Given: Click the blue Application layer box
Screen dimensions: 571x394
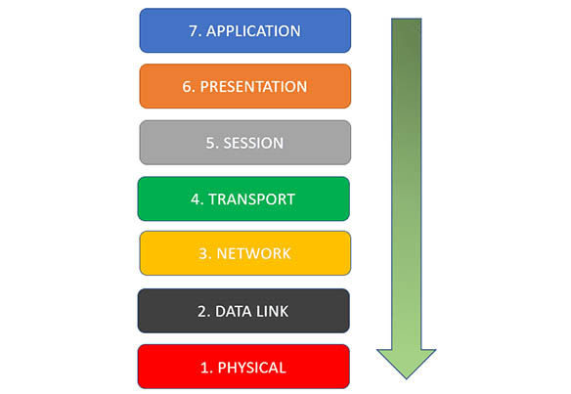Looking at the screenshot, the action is coord(245,30).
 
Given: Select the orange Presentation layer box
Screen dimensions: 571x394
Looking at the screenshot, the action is coord(245,86).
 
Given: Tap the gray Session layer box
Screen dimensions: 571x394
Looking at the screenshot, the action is coord(245,143).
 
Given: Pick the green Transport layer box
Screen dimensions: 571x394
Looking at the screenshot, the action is coord(243,198).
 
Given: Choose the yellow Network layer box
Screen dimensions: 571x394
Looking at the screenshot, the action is coord(245,253).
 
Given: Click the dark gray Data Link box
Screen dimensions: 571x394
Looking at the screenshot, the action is coord(243,311).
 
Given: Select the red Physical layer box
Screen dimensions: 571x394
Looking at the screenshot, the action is coord(243,367).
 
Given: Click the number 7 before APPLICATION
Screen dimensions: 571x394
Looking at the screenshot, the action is coord(193,31).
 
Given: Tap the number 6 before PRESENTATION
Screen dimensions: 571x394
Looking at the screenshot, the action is coord(187,87).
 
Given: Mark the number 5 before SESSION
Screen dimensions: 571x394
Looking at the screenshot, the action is coord(210,143).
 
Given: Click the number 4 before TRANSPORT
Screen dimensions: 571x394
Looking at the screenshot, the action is coord(196,199).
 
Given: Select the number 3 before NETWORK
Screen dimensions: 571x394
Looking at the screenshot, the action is coord(203,253).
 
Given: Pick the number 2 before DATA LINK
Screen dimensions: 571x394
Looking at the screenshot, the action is coord(202,311).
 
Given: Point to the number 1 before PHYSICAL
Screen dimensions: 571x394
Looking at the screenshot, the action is coord(204,368).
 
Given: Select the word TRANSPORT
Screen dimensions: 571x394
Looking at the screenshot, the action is coord(251,199).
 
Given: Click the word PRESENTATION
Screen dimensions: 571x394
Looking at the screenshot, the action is coord(253,87).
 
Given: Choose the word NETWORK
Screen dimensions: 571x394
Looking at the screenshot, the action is coord(254,253).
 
